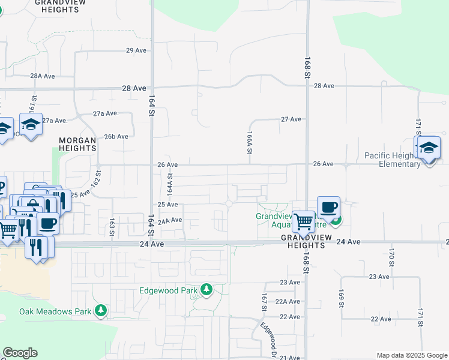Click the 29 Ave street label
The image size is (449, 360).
point(136,50)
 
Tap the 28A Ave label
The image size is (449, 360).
point(43,76)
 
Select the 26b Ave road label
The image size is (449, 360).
point(116,136)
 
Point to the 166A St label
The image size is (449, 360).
point(249,143)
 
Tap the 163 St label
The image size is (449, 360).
point(112,227)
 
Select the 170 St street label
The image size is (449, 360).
point(391,257)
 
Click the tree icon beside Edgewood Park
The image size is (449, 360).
point(206,290)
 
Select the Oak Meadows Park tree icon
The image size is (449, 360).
point(101,311)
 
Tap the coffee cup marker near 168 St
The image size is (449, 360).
point(328,208)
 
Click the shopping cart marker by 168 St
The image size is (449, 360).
point(304,221)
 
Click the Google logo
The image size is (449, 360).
point(20,353)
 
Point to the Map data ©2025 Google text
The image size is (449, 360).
point(412,355)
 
